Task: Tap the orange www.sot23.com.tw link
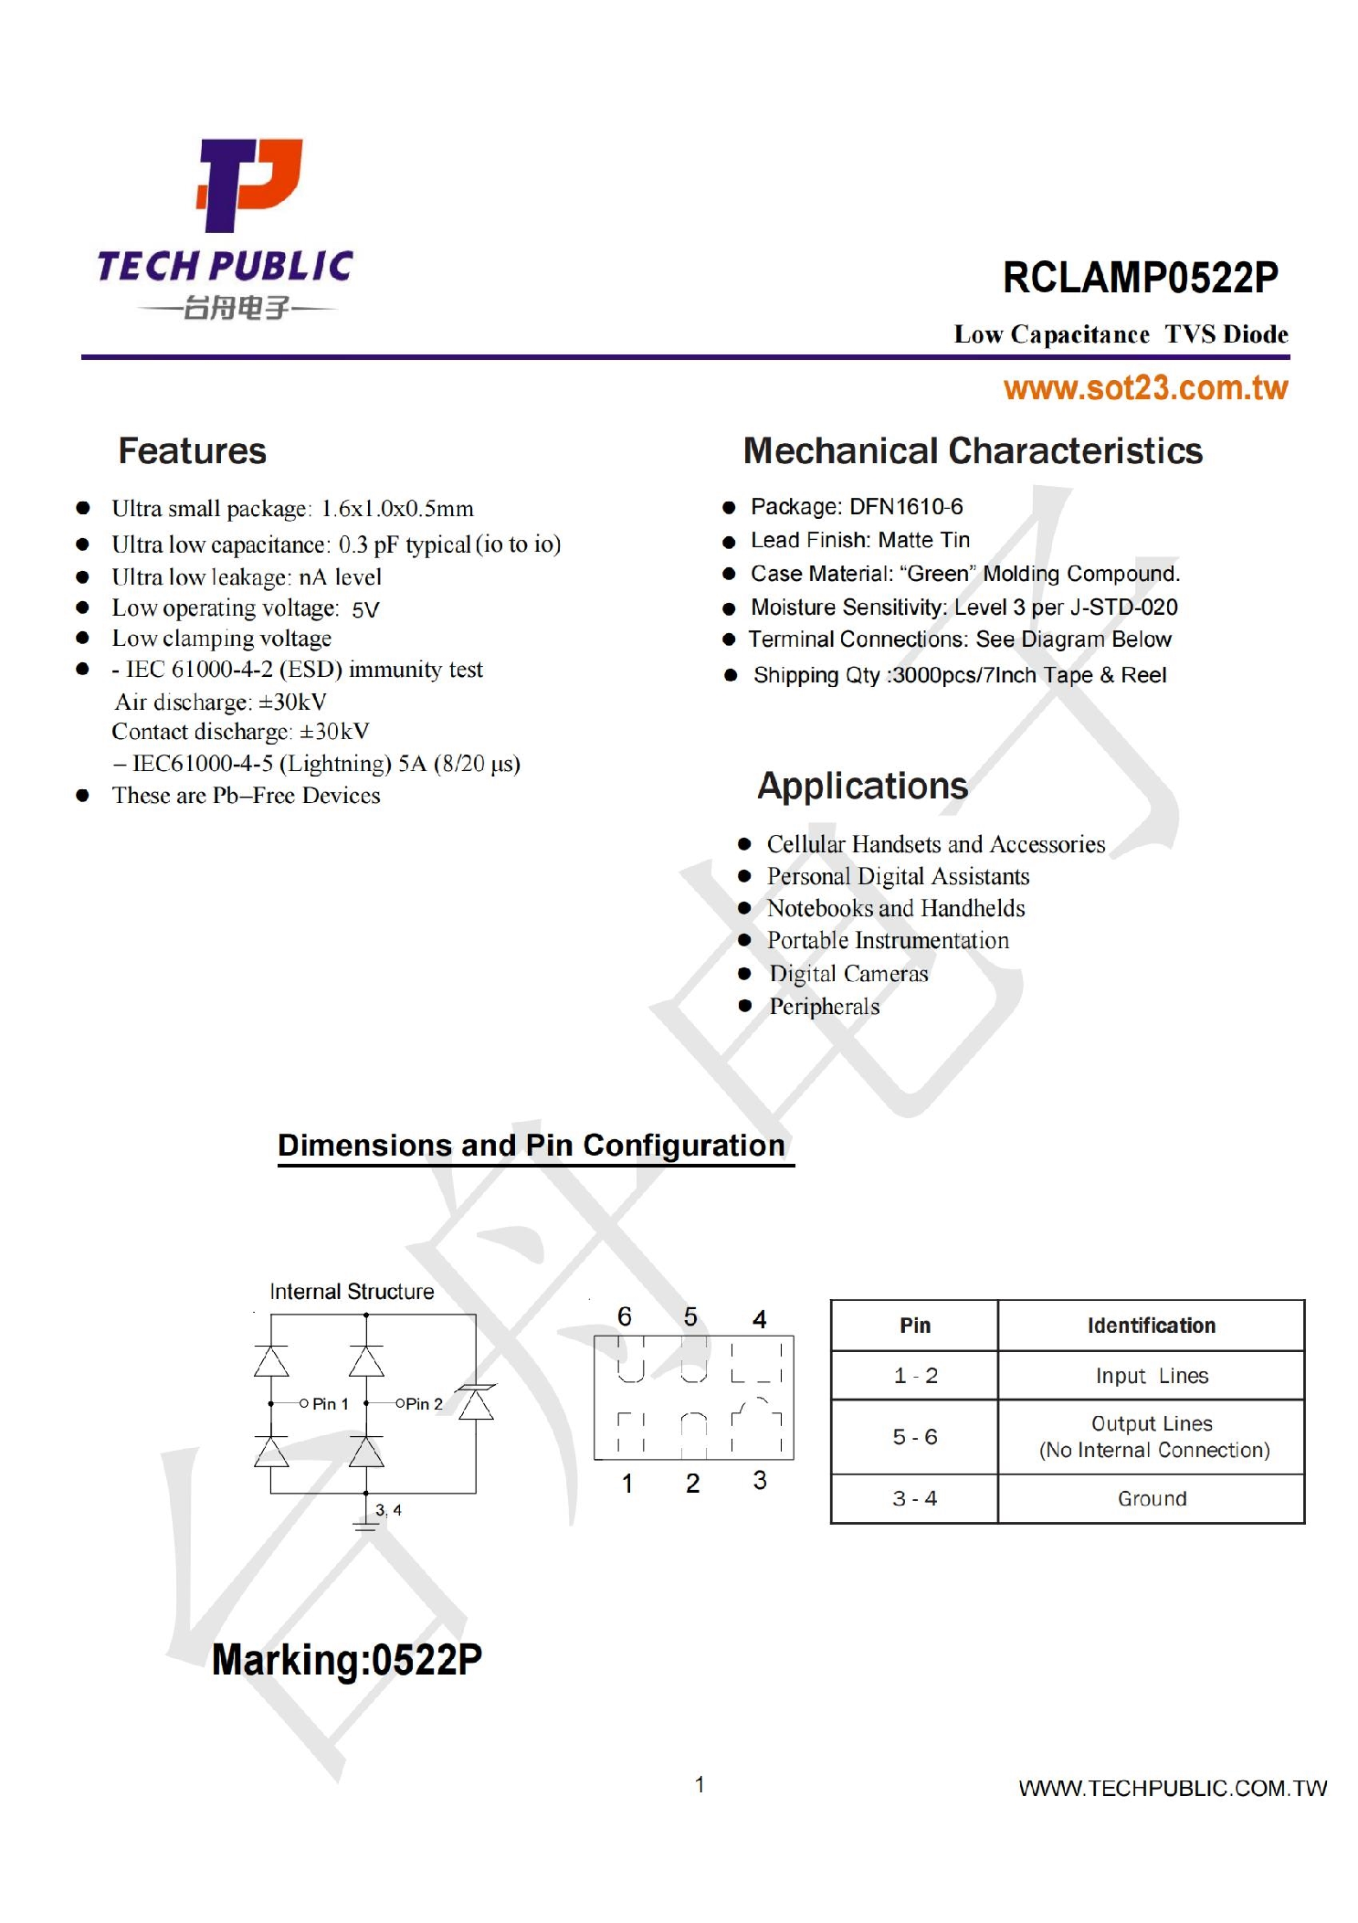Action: pyautogui.click(x=1145, y=388)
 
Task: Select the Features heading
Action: pyautogui.click(x=192, y=451)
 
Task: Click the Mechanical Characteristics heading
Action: pyautogui.click(x=972, y=451)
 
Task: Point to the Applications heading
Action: pyautogui.click(x=862, y=786)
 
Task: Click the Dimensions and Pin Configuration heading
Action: pyautogui.click(x=532, y=1146)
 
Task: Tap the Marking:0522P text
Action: pyautogui.click(x=347, y=1660)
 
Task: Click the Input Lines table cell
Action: pyautogui.click(x=1151, y=1376)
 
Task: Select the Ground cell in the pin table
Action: pyautogui.click(x=1151, y=1498)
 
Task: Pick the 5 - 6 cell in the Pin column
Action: pyautogui.click(x=914, y=1437)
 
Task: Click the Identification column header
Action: pyautogui.click(x=1151, y=1326)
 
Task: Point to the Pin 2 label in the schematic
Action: pyautogui.click(x=424, y=1404)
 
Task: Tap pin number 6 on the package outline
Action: pyautogui.click(x=625, y=1316)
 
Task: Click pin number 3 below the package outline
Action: pyautogui.click(x=760, y=1480)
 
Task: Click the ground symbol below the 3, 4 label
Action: pyautogui.click(x=365, y=1524)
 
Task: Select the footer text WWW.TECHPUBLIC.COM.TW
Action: pyautogui.click(x=1173, y=1789)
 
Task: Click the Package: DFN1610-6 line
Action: pyautogui.click(x=856, y=507)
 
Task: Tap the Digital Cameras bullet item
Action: pyautogui.click(x=848, y=974)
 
